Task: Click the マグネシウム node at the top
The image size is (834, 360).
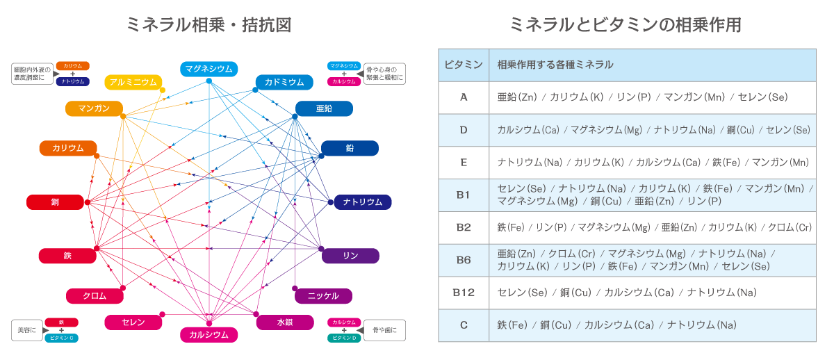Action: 209,69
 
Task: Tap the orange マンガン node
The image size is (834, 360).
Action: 94,108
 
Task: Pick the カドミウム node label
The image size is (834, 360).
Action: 284,82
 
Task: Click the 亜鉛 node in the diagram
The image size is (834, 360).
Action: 324,108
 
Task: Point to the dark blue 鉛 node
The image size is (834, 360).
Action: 350,148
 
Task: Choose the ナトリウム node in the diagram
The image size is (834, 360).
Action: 363,202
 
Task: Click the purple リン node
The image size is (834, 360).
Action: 350,256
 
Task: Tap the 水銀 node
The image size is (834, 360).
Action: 284,322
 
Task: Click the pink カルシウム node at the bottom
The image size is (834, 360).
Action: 209,335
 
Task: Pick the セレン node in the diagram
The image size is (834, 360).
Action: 133,322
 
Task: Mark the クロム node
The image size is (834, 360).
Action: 95,296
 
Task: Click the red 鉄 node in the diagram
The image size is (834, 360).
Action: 67,256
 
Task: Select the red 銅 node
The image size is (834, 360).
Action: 55,202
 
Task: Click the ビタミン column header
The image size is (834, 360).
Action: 464,65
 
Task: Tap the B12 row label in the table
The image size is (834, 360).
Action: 464,293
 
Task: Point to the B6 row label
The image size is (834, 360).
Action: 464,260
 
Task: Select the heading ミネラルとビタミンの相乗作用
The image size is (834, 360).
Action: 625,25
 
